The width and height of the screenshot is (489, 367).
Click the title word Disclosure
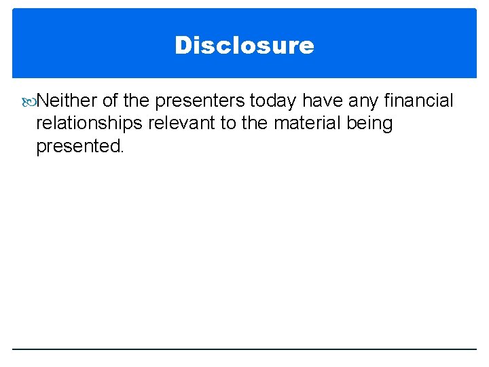point(244,46)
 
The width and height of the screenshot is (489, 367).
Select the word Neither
point(66,101)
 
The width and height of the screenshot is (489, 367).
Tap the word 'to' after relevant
point(224,124)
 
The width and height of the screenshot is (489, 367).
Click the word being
point(369,124)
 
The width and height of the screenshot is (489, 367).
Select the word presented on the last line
point(77,146)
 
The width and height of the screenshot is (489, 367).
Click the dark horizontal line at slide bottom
point(244,349)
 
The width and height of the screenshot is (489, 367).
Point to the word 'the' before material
point(255,124)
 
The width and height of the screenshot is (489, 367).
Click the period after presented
point(122,152)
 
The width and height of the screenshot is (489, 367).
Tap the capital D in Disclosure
point(183,46)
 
